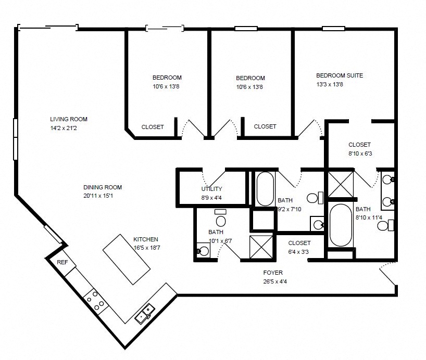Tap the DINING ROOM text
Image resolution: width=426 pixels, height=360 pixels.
(103, 187)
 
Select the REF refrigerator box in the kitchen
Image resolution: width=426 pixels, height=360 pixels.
(62, 263)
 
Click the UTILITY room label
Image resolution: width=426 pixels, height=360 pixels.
(212, 189)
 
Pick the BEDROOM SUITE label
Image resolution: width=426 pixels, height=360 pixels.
(340, 75)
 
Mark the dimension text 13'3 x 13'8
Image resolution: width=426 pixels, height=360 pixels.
(330, 84)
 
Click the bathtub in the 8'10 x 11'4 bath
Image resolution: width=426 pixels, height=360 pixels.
(341, 225)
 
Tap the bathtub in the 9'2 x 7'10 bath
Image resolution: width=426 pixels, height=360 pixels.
(264, 188)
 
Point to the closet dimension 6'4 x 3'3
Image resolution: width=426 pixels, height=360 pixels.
(298, 252)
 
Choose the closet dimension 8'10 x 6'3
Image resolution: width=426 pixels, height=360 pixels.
(359, 153)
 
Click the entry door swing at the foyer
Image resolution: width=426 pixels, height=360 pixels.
(387, 274)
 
